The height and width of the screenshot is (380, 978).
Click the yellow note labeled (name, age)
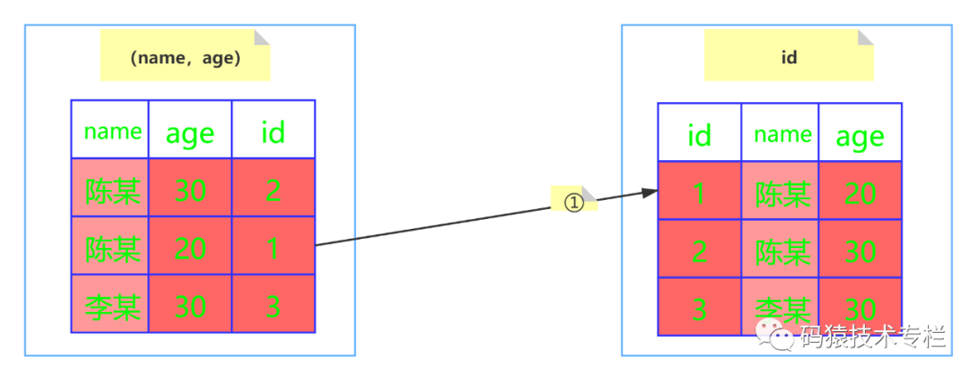click(x=186, y=55)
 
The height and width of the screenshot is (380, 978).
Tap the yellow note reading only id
click(x=789, y=55)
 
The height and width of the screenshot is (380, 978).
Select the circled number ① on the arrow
click(x=574, y=202)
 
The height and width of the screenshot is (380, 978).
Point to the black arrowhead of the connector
click(x=650, y=192)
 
